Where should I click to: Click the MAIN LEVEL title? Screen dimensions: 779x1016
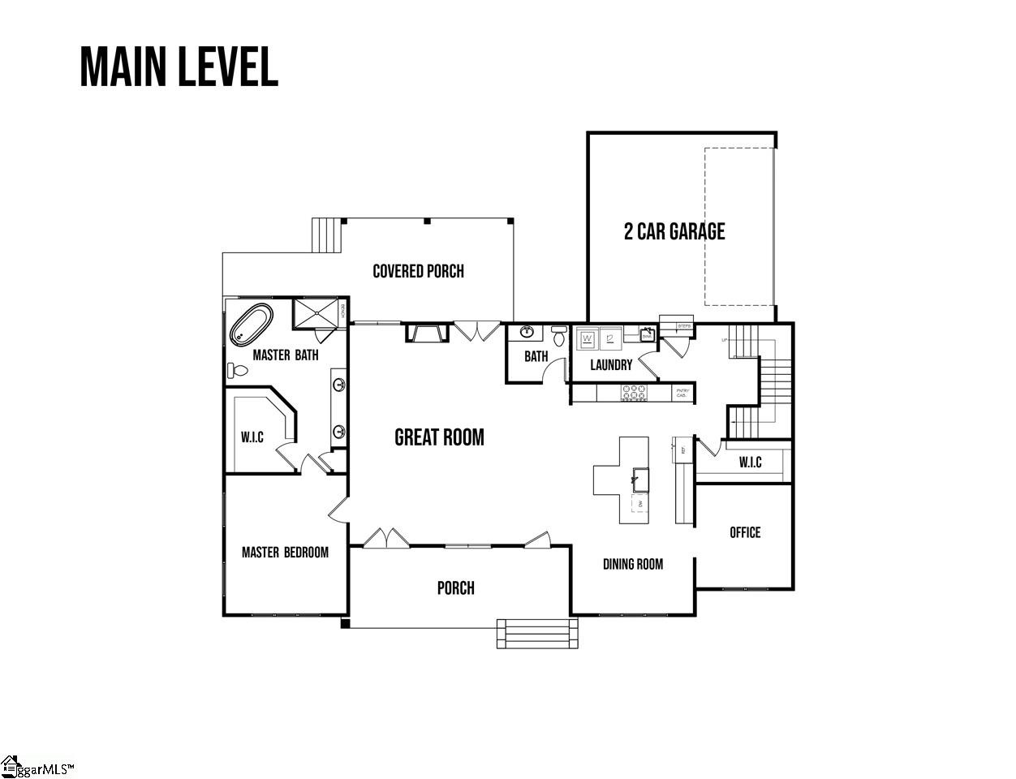tap(179, 67)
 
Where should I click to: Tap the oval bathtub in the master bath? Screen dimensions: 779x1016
tap(252, 325)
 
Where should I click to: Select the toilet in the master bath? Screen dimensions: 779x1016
tap(237, 371)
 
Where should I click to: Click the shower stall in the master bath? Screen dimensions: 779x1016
tap(319, 313)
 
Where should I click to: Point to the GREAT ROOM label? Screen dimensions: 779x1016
tap(439, 437)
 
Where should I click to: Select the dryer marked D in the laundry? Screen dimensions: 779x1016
tap(609, 338)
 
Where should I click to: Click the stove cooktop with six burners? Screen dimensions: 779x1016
tap(635, 393)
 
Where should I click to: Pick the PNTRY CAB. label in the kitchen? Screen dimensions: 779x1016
tap(682, 393)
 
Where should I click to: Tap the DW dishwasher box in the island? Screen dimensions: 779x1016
tap(640, 505)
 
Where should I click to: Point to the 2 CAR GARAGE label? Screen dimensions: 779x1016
tap(674, 231)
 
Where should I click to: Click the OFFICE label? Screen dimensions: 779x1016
tap(745, 532)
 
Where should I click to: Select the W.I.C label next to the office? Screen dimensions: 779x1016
tap(750, 463)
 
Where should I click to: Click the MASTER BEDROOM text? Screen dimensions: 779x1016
tap(285, 553)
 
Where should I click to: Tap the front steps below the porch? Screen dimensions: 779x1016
tap(537, 634)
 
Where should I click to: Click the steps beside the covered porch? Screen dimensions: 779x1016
tap(329, 236)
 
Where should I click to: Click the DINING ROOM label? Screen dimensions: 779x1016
tap(632, 564)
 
